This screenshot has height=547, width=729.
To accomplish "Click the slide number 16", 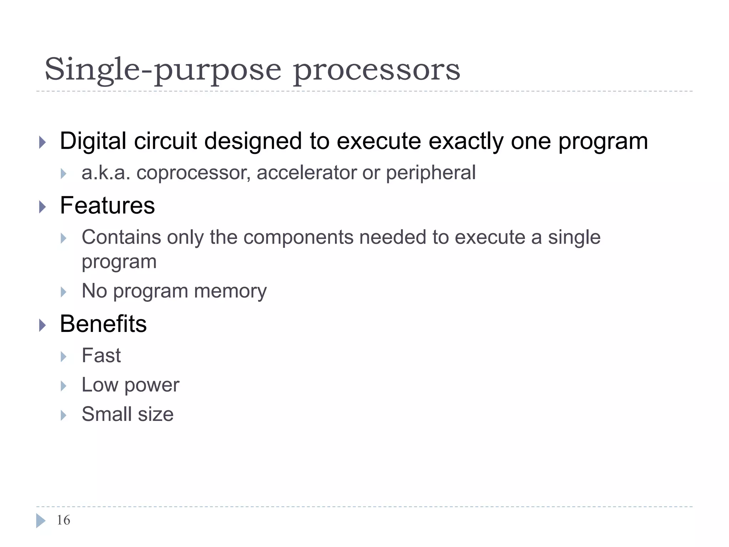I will point(63,520).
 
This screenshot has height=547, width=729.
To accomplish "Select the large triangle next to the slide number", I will point(41,521).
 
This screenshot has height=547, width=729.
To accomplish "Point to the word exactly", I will point(466,141).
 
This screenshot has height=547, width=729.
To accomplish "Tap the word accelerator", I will point(306,173).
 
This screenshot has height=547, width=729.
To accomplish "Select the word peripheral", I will point(431,173).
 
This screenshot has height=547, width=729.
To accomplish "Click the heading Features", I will point(107,205).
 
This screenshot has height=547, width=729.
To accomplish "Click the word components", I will point(298,237).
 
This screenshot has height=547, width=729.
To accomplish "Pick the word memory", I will point(230,291).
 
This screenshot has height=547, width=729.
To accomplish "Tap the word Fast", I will point(101,355).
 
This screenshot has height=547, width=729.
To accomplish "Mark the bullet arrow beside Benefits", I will point(42,325).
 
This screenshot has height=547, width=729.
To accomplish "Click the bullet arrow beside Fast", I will point(63,356).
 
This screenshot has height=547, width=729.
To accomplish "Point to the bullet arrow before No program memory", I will point(63,292).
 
